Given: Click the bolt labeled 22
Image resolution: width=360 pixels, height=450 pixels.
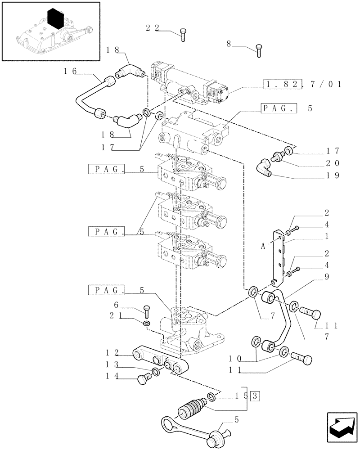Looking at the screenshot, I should (183, 34).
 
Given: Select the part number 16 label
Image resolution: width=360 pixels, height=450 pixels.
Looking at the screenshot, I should (70, 71).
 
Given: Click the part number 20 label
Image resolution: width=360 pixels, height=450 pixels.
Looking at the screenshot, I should (333, 163).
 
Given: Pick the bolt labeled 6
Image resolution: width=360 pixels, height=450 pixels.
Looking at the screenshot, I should (145, 310).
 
